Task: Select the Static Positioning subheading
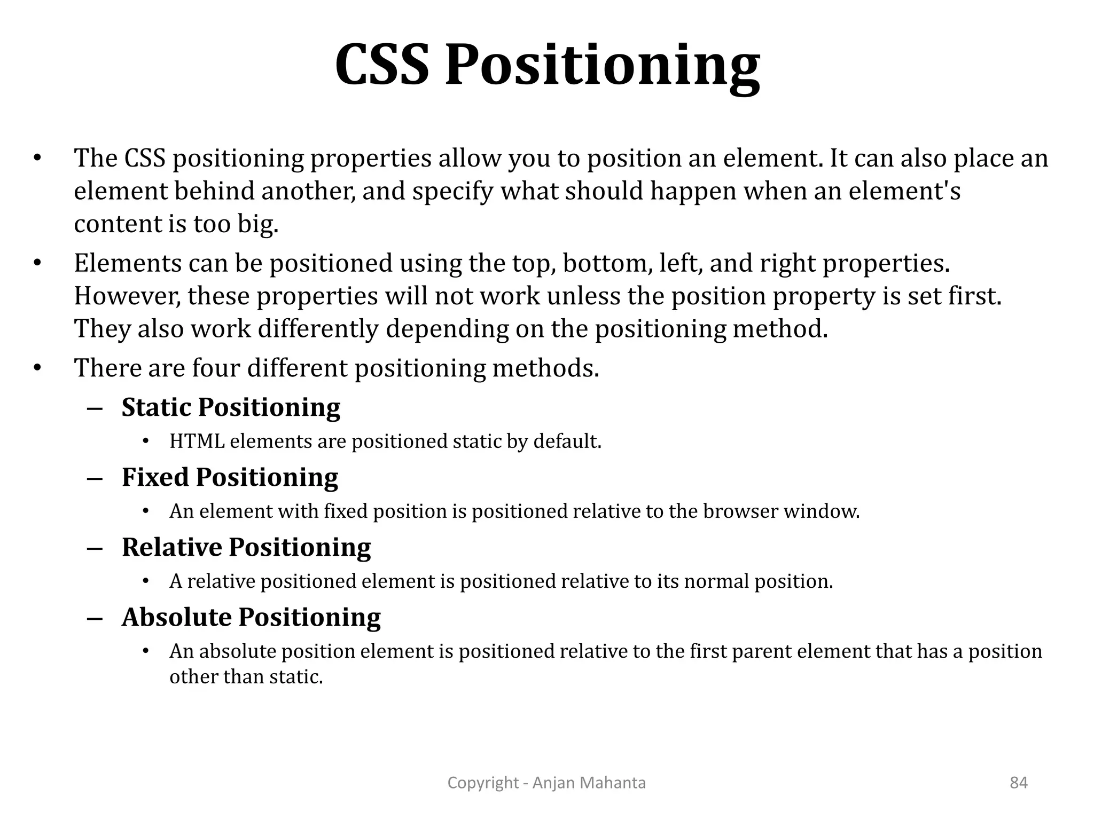[x=231, y=407]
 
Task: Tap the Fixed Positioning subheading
[x=230, y=477]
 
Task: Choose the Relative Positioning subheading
[x=246, y=547]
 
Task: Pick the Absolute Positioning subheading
[x=251, y=617]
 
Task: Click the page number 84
[x=1019, y=783]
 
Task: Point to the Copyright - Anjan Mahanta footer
[x=546, y=783]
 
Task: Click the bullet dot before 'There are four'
[x=37, y=368]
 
